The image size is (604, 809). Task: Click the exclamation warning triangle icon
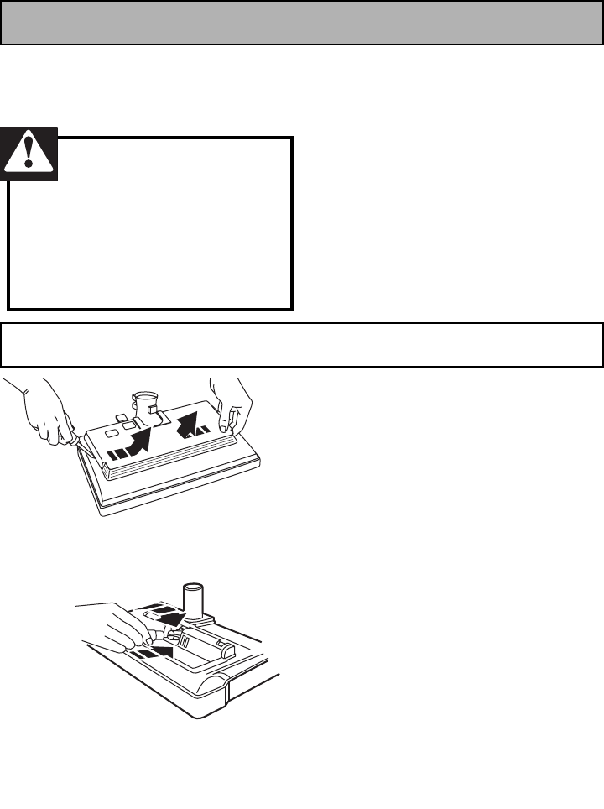pos(29,154)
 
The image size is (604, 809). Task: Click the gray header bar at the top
pos(302,23)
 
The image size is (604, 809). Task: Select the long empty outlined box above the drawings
pos(302,344)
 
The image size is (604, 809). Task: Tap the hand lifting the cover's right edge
pos(230,403)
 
